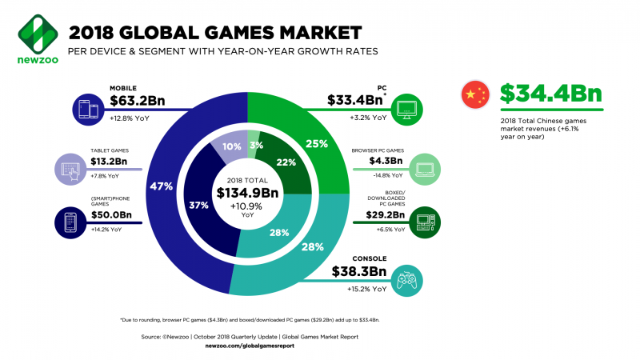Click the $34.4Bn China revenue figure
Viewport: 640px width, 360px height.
coord(551,94)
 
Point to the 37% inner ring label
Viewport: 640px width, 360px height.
coord(198,205)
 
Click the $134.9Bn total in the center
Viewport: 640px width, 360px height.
coord(247,192)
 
